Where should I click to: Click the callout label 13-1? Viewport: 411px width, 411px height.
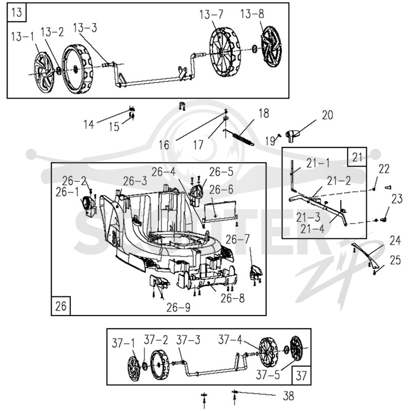pyautogui.click(x=23, y=36)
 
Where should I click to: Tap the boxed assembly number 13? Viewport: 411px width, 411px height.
pyautogui.click(x=17, y=12)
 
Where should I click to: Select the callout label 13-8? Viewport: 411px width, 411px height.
pyautogui.click(x=252, y=14)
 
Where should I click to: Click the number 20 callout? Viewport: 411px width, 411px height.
pyautogui.click(x=327, y=115)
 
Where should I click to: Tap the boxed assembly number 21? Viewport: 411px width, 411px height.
pyautogui.click(x=357, y=157)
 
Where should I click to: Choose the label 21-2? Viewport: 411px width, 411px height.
pyautogui.click(x=339, y=181)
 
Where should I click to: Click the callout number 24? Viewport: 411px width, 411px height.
pyautogui.click(x=395, y=240)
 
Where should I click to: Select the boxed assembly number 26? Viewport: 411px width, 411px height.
pyautogui.click(x=61, y=306)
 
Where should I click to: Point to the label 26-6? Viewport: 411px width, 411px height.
pyautogui.click(x=221, y=189)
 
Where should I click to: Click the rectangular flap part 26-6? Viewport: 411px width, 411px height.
pyautogui.click(x=221, y=211)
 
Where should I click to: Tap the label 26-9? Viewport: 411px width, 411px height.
pyautogui.click(x=178, y=307)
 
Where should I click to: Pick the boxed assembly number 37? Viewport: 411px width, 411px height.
pyautogui.click(x=301, y=376)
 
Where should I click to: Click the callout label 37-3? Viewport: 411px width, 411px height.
pyautogui.click(x=188, y=340)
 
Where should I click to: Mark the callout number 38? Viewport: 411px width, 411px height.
pyautogui.click(x=288, y=396)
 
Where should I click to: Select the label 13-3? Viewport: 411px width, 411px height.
pyautogui.click(x=85, y=28)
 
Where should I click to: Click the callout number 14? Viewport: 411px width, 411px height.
pyautogui.click(x=89, y=124)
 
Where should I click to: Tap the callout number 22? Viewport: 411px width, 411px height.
pyautogui.click(x=384, y=169)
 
